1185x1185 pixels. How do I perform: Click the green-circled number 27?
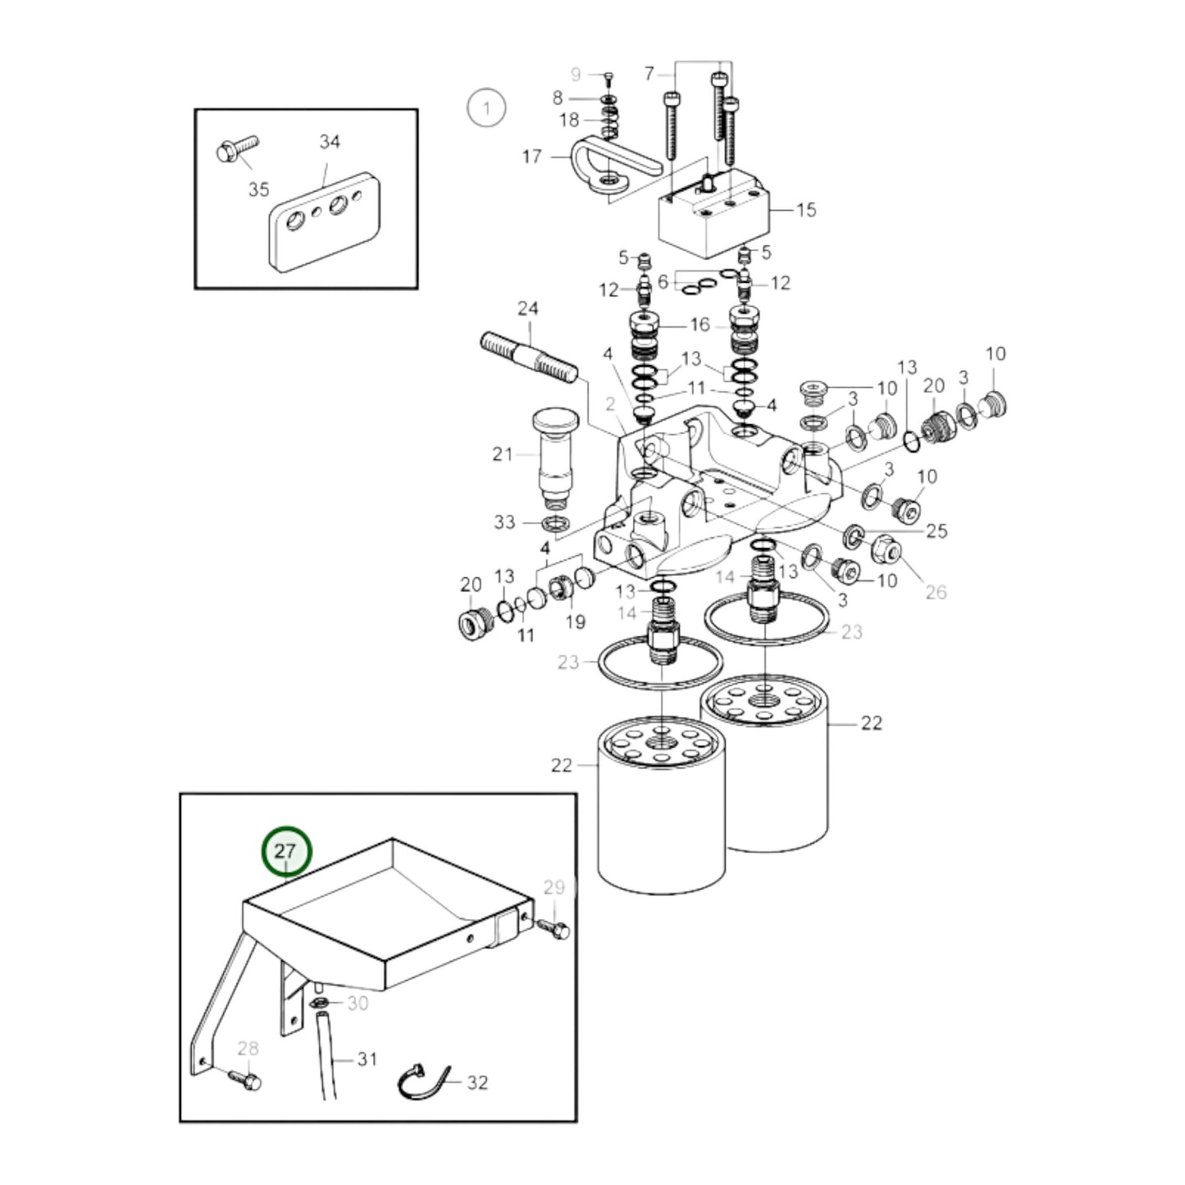(285, 852)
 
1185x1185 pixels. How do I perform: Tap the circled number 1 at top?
(486, 107)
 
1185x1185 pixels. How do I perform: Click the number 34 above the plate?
(330, 142)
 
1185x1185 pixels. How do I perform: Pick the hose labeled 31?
(328, 1058)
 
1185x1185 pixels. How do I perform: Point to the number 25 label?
(936, 531)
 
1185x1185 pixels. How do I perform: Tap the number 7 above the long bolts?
(649, 75)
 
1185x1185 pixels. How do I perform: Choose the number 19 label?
(576, 622)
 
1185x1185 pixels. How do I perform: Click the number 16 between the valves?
(700, 325)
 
